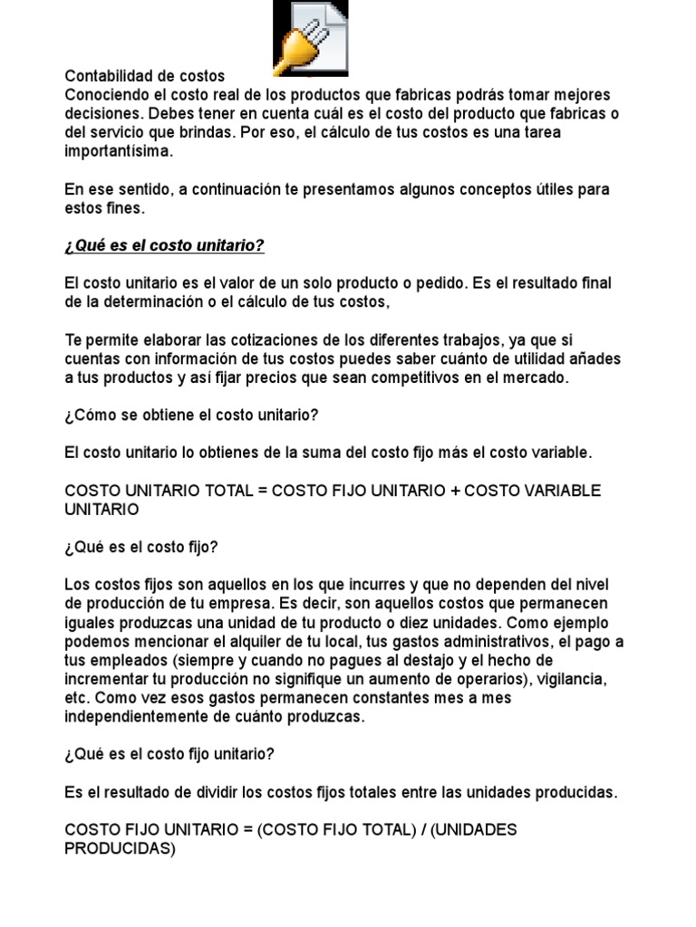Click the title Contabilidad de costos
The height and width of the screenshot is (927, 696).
coord(144,76)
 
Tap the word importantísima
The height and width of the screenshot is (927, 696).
coord(118,152)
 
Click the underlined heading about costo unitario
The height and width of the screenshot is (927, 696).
coord(164,246)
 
